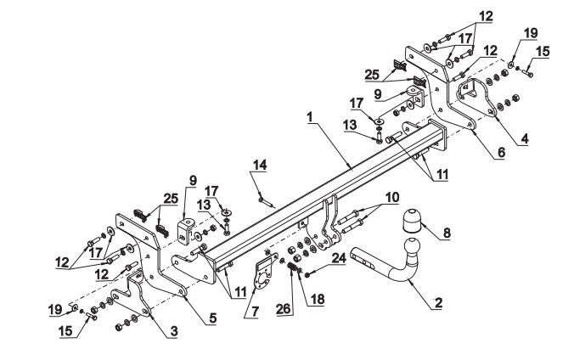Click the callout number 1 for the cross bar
[310, 117]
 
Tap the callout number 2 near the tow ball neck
[438, 302]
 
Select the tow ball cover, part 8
[411, 221]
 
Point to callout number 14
[260, 165]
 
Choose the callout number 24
[339, 258]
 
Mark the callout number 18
[318, 299]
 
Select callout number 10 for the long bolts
[391, 198]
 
